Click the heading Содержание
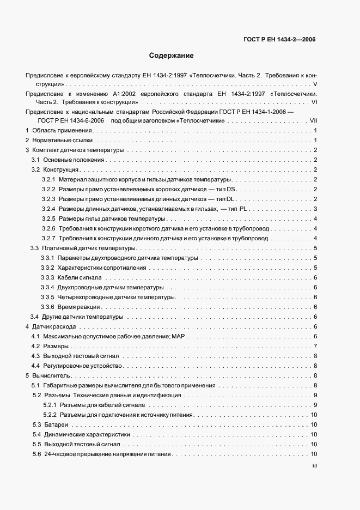tap(171, 56)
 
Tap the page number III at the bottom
tap(314, 466)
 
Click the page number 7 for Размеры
tap(315, 346)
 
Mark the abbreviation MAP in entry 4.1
tap(179, 336)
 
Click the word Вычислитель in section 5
tap(52, 375)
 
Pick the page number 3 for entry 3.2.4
tap(315, 209)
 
